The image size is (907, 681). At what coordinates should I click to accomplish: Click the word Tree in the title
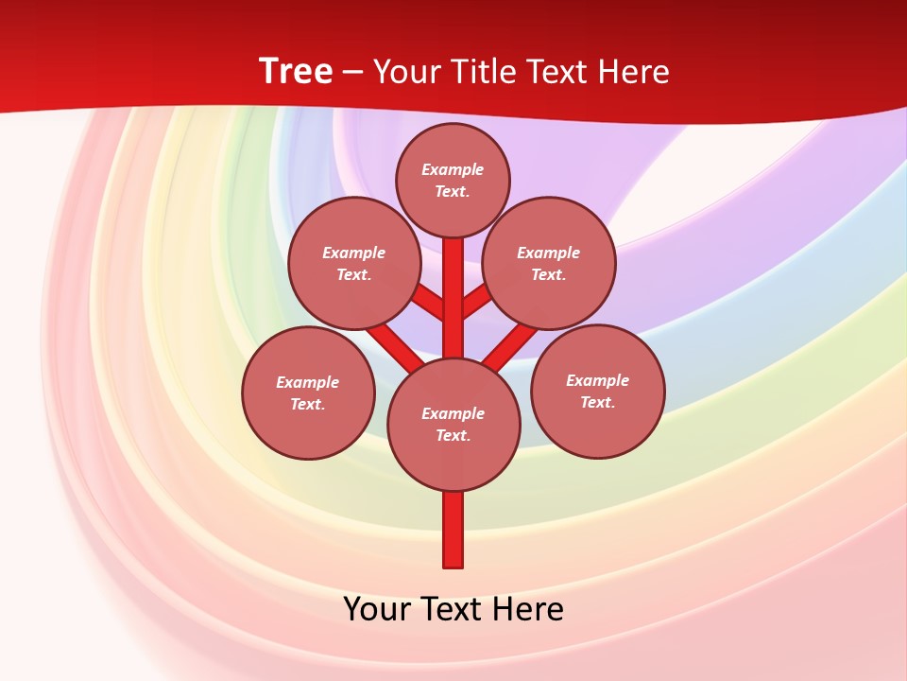(x=296, y=72)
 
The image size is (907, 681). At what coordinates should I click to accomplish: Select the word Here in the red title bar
(x=634, y=72)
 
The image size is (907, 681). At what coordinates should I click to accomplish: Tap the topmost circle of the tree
(x=453, y=180)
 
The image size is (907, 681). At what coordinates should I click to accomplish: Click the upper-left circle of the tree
(x=354, y=263)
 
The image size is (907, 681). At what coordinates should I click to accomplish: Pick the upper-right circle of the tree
(x=549, y=263)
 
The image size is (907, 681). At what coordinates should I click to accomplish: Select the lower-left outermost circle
(x=308, y=393)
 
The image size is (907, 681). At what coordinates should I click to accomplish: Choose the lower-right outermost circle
(x=598, y=391)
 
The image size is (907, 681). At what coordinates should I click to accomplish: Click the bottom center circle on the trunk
(x=453, y=424)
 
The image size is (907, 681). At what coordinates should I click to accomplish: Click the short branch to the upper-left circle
(x=428, y=302)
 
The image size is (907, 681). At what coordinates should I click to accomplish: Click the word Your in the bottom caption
(x=377, y=609)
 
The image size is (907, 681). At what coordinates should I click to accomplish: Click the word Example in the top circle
(x=453, y=169)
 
